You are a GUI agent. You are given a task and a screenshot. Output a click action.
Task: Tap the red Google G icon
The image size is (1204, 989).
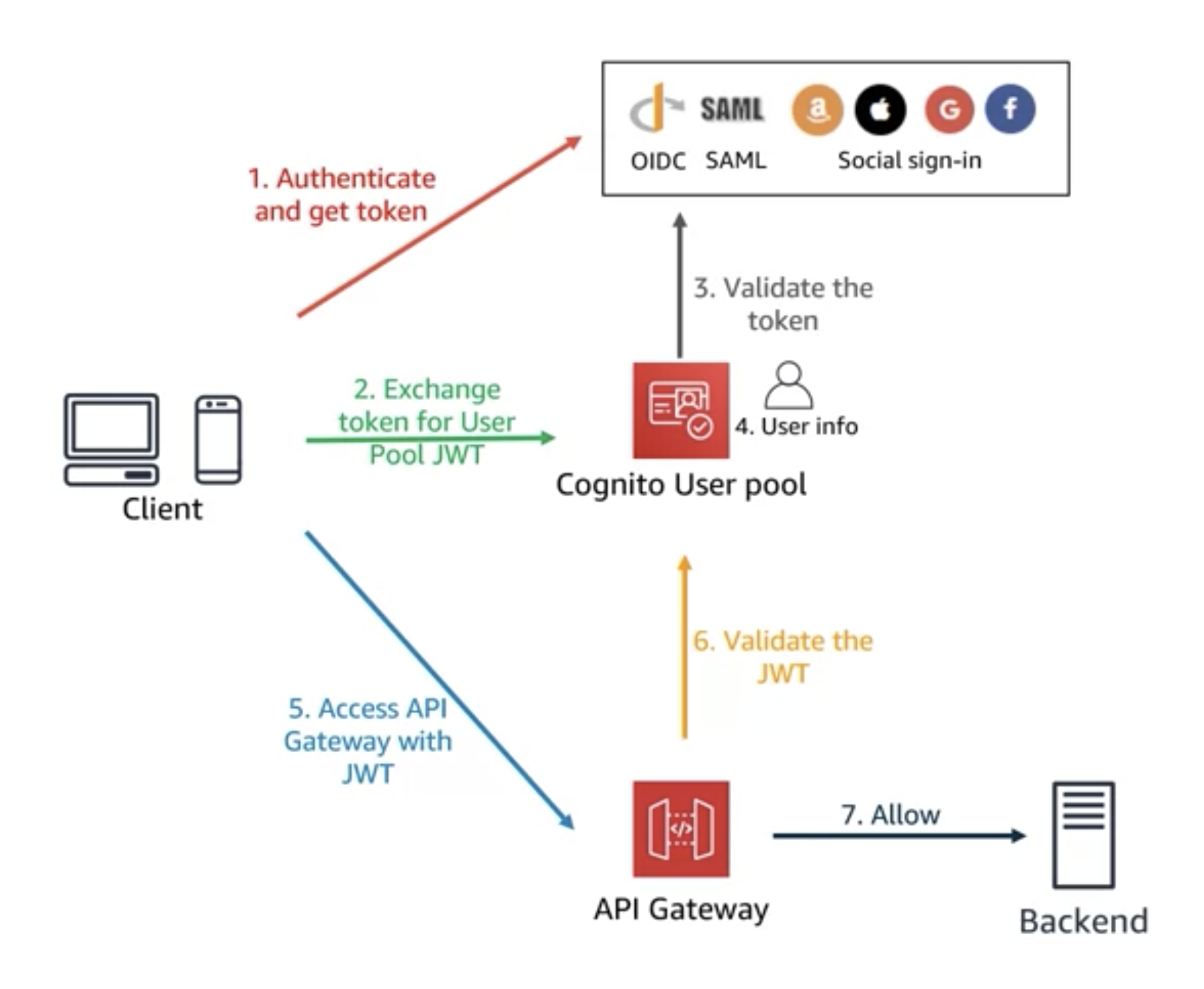[948, 110]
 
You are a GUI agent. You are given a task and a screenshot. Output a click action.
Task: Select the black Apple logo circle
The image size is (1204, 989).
[880, 110]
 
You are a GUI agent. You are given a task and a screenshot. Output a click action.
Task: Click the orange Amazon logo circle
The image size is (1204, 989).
[817, 110]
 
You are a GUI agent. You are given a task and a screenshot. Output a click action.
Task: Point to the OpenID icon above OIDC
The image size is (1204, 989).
[655, 108]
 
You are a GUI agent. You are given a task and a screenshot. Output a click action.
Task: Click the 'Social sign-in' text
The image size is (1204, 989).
[909, 161]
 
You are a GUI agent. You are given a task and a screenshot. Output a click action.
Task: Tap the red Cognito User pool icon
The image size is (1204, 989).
[681, 410]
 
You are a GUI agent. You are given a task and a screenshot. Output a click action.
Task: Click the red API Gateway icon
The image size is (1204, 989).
[681, 829]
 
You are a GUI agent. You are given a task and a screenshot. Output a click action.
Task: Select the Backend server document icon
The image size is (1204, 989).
[1083, 835]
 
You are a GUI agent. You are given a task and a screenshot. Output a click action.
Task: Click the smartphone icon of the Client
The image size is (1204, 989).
[218, 439]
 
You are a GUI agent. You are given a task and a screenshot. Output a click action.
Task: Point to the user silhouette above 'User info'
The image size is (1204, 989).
[788, 386]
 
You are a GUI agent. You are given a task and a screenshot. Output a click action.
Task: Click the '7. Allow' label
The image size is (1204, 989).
[890, 815]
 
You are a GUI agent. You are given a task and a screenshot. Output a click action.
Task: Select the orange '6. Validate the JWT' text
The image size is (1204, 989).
[782, 657]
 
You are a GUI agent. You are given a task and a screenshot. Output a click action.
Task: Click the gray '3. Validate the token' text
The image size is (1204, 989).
[783, 304]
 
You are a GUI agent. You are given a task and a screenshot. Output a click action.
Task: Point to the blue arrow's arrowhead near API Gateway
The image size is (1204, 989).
[567, 822]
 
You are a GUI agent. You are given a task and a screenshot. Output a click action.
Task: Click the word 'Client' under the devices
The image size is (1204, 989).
[162, 509]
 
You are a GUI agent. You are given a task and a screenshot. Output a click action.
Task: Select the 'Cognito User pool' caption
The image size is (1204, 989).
[681, 485]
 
